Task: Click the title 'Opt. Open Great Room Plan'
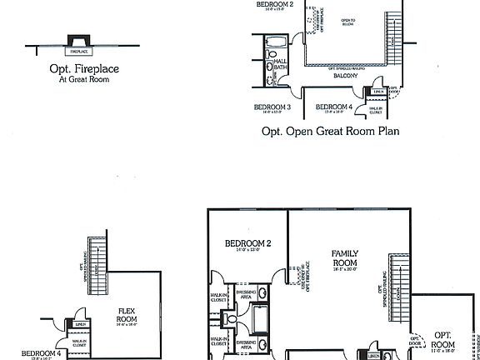point(331,131)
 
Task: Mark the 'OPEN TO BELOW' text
point(348,22)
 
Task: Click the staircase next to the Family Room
point(401,287)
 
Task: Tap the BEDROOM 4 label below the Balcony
point(333,107)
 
